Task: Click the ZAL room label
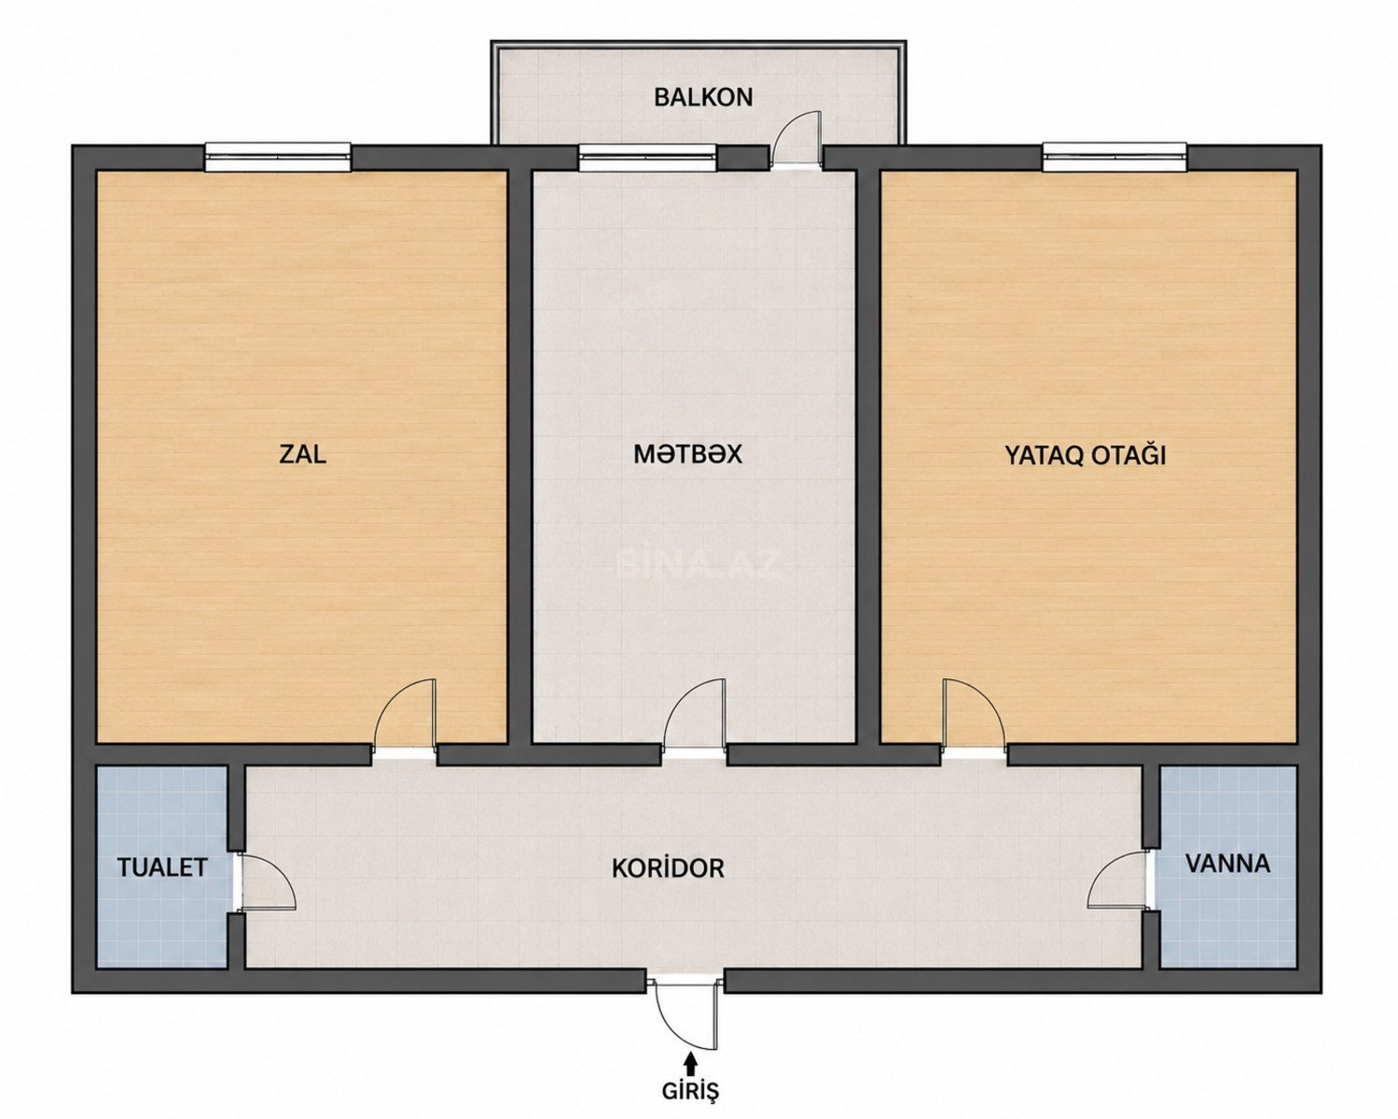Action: click(303, 454)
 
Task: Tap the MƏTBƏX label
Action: click(688, 454)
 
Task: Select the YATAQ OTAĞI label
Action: click(1086, 455)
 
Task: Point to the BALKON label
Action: click(703, 97)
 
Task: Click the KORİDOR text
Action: click(668, 868)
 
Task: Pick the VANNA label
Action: click(1228, 863)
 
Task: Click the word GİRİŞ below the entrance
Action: click(690, 1091)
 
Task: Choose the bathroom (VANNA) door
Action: click(1119, 881)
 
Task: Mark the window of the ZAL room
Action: click(278, 158)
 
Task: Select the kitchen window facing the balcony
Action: click(647, 158)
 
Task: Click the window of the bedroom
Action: click(1115, 158)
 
